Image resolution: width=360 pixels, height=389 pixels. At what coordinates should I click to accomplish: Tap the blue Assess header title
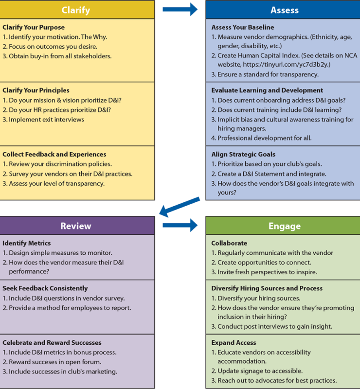pyautogui.click(x=284, y=10)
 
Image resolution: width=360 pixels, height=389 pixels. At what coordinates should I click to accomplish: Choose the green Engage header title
pyautogui.click(x=284, y=226)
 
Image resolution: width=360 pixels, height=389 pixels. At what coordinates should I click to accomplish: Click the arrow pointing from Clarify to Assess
pyautogui.click(x=180, y=9)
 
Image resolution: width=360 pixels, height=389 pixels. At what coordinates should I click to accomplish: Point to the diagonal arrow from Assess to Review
pyautogui.click(x=180, y=207)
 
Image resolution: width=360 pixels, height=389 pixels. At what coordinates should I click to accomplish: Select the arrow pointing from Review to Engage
pyautogui.click(x=180, y=225)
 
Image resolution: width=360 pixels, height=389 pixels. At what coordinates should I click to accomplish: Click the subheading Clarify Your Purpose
pyautogui.click(x=34, y=27)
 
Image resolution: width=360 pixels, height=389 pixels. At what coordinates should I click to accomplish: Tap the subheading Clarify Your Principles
pyautogui.click(x=36, y=90)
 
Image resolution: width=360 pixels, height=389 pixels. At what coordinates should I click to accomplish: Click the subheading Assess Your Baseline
pyautogui.click(x=243, y=27)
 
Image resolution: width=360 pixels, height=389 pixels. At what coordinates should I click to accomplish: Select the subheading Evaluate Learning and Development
pyautogui.click(x=267, y=90)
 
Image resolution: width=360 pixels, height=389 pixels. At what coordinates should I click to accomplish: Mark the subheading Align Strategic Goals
pyautogui.click(x=243, y=154)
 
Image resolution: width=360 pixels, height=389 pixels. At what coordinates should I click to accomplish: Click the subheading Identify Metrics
pyautogui.click(x=27, y=243)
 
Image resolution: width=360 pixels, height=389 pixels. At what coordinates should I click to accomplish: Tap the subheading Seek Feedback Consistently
pyautogui.click(x=45, y=288)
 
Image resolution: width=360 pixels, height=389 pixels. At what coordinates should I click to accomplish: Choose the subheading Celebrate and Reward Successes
pyautogui.click(x=52, y=342)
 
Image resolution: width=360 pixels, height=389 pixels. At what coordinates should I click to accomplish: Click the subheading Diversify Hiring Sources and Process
pyautogui.click(x=267, y=288)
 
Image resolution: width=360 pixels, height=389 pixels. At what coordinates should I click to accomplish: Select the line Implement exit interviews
pyautogui.click(x=46, y=119)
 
